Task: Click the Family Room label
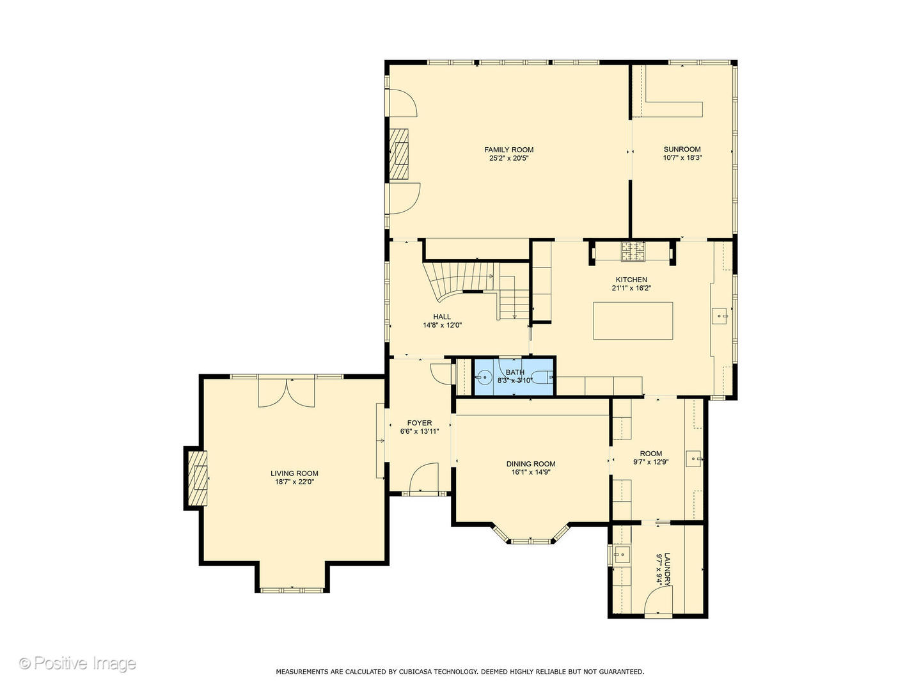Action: tap(508, 150)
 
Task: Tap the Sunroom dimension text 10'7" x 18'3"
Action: tap(682, 157)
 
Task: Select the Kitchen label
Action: tap(631, 280)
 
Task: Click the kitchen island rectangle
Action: tap(633, 321)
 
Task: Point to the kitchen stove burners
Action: tap(633, 251)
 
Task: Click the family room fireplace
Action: tap(400, 154)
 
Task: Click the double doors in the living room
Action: tap(287, 393)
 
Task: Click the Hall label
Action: tap(442, 317)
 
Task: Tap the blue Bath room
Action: tap(514, 377)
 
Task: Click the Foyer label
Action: tap(420, 423)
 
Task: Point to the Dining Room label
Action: tap(531, 464)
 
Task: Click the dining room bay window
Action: tap(530, 539)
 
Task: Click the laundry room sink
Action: tap(618, 555)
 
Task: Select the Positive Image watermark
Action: tap(77, 663)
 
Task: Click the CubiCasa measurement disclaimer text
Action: tap(460, 672)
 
